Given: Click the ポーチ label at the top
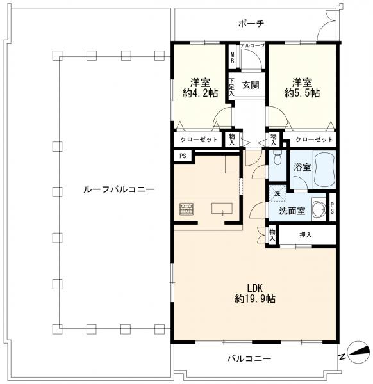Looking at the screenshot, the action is tap(251, 24).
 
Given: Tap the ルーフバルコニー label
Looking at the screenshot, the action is tap(119, 189).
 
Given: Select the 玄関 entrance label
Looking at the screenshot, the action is tap(251, 85).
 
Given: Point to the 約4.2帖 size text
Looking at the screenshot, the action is tap(200, 93).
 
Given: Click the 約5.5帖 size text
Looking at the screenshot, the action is tap(302, 93).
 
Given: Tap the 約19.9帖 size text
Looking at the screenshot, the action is tap(255, 299).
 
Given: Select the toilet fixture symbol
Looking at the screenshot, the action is tap(278, 157).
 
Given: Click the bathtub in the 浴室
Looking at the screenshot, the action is tap(324, 169).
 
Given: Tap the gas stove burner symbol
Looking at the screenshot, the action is tap(187, 209).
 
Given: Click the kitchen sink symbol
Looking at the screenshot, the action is tap(222, 209).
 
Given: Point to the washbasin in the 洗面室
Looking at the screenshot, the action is tap(319, 209).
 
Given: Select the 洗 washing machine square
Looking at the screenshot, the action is tap(278, 193).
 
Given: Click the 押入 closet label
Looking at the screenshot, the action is tap(306, 235).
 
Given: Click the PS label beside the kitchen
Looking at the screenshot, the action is tap(183, 156).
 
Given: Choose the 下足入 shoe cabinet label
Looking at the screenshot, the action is tap(231, 87).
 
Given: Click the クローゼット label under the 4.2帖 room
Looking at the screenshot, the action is tap(199, 140).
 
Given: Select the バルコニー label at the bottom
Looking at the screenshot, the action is tap(249, 359).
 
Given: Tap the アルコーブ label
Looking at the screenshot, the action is tap(253, 45).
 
